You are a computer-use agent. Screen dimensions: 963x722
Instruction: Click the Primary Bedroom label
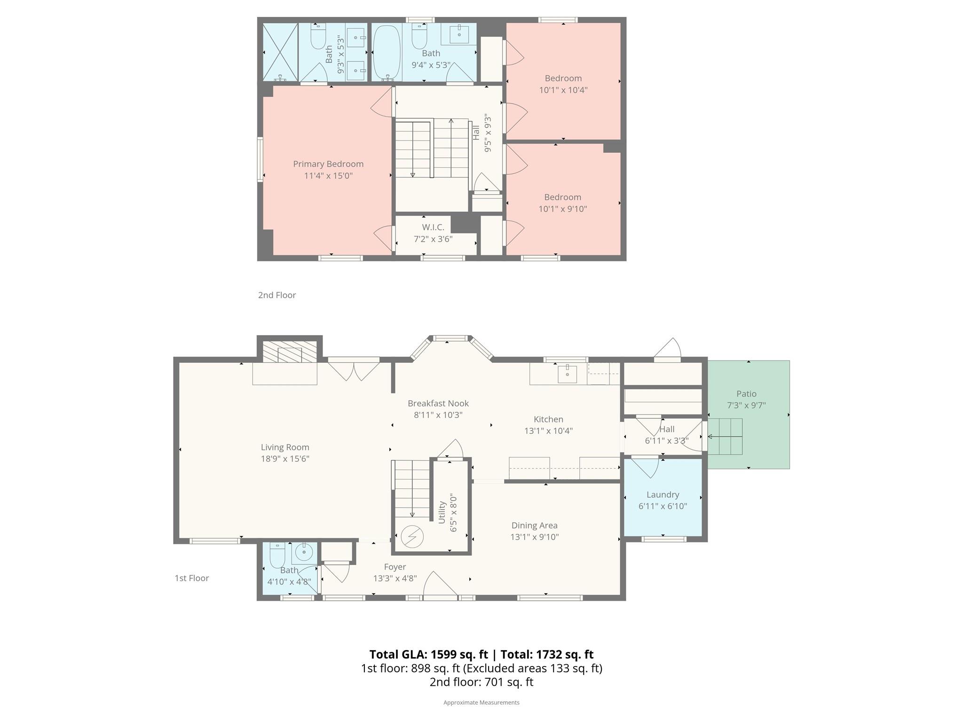[328, 164]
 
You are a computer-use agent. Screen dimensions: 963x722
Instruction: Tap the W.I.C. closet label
[433, 228]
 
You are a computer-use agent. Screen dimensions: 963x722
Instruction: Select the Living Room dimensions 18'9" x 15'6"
[285, 459]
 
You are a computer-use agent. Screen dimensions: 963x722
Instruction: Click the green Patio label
[747, 394]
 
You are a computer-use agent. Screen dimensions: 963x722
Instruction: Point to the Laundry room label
[663, 494]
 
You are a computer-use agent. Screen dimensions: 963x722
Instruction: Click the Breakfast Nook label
[438, 403]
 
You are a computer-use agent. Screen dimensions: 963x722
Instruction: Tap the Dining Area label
[535, 526]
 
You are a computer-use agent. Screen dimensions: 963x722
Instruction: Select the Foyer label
[395, 567]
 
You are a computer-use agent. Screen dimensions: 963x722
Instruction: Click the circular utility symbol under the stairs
[412, 536]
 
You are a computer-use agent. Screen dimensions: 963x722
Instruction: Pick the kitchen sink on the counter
[567, 374]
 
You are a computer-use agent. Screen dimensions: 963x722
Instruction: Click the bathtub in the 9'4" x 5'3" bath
[387, 53]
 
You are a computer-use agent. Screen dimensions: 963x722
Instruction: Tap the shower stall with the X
[280, 52]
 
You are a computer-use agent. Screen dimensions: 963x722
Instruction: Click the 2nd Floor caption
[277, 295]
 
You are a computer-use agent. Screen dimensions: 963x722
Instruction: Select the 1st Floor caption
[192, 578]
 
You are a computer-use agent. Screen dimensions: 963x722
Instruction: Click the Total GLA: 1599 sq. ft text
[428, 654]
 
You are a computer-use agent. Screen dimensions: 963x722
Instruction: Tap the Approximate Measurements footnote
[481, 702]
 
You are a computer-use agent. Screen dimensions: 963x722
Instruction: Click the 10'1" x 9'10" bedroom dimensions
[563, 209]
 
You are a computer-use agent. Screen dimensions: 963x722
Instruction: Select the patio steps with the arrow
[725, 437]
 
